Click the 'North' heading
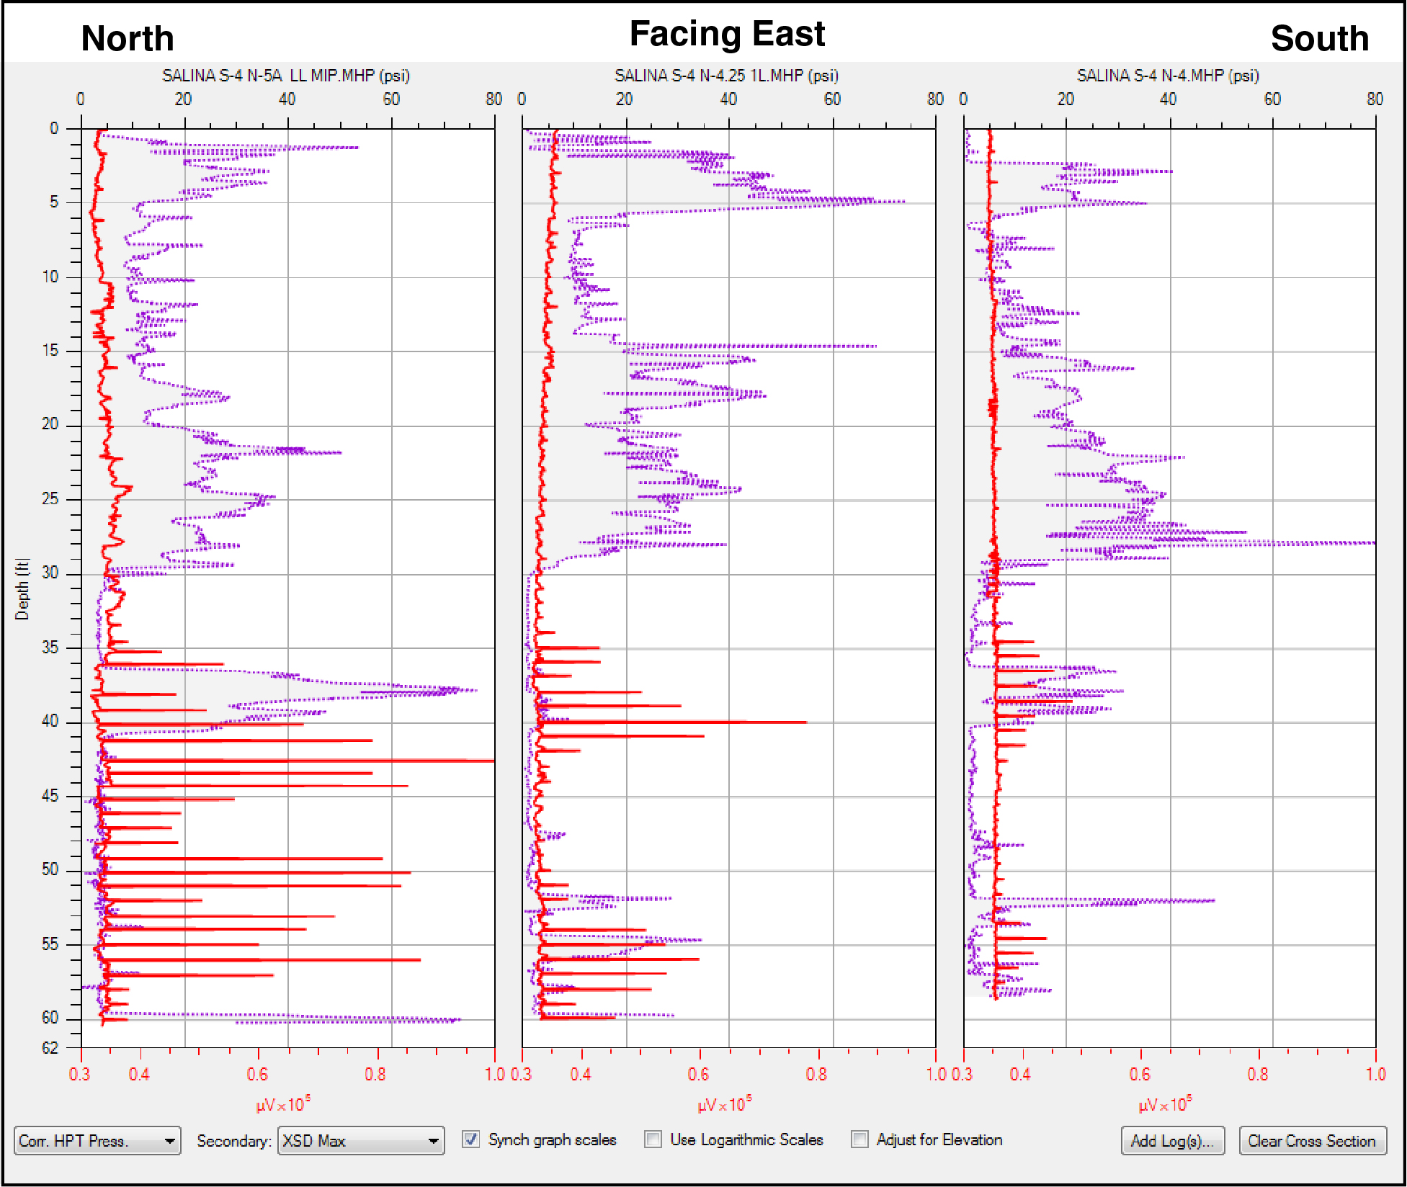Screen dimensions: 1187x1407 (x=128, y=38)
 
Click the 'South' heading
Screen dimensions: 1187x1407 (x=1319, y=38)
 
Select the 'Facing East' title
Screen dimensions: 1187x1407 (x=727, y=34)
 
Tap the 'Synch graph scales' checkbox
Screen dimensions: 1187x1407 (x=471, y=1139)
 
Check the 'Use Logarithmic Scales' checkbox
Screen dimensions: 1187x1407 (x=653, y=1139)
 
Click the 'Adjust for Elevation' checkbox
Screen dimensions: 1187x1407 (x=859, y=1139)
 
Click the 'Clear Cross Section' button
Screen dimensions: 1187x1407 (x=1312, y=1141)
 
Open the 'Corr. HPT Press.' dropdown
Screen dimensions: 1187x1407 (x=97, y=1141)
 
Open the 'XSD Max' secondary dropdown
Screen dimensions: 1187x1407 (x=361, y=1141)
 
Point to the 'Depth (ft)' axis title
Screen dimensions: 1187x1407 (x=22, y=589)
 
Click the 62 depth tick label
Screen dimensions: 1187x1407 (x=50, y=1048)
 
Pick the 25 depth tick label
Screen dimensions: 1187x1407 (x=50, y=498)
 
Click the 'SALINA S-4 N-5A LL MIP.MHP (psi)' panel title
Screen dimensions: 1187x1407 (x=285, y=76)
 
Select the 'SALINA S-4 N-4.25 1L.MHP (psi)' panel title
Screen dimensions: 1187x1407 (x=725, y=76)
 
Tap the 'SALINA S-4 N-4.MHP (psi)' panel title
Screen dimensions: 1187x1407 (x=1167, y=76)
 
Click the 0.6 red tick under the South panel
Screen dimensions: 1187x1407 (x=1140, y=1075)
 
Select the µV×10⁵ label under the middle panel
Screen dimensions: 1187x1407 (x=724, y=1104)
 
